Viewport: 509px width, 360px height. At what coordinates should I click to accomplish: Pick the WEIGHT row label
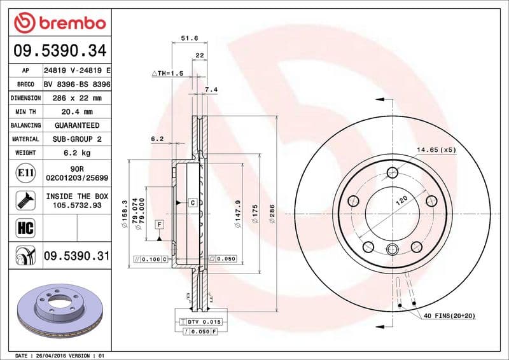point(25,153)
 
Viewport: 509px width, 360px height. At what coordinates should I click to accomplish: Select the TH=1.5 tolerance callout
point(167,74)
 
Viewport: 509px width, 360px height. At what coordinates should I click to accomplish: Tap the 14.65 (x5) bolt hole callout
point(437,150)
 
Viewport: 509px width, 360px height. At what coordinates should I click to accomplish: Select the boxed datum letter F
point(158,223)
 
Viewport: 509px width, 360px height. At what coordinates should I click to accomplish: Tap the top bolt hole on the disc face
point(392,172)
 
